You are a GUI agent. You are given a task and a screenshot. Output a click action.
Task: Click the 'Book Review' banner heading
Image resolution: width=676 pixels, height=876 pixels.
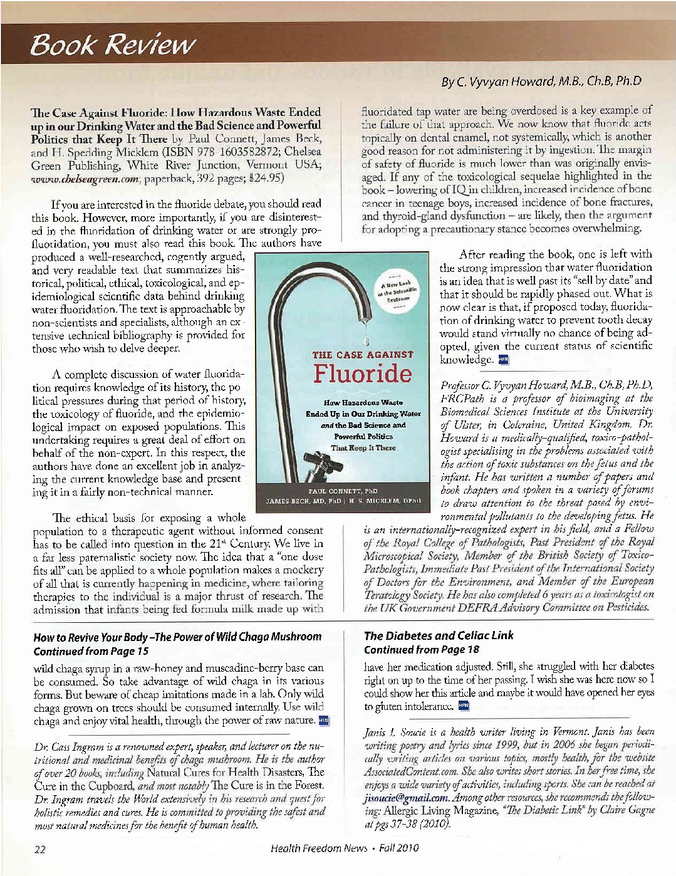coord(113,44)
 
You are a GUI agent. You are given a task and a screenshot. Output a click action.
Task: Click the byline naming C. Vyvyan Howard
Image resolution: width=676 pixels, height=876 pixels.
coord(541,81)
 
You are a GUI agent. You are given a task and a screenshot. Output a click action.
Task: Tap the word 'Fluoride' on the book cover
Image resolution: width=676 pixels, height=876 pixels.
coord(363,374)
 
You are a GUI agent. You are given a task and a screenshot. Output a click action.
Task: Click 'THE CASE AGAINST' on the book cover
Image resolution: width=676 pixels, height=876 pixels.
coord(363,355)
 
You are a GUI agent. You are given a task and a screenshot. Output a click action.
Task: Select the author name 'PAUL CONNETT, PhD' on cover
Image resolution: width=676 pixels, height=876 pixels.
coord(343,491)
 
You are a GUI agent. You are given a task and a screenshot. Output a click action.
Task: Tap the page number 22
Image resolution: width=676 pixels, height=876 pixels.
coord(39,849)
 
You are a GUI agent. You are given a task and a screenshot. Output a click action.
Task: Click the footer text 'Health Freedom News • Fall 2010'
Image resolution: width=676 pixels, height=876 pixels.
coord(345,848)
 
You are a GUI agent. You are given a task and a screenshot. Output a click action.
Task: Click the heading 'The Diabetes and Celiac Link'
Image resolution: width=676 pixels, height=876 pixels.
coord(439,635)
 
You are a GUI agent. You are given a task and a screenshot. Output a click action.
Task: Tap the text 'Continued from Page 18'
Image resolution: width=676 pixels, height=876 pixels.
coord(421,650)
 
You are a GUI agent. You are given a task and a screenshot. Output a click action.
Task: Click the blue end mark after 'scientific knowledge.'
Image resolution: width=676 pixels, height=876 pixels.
coord(502,360)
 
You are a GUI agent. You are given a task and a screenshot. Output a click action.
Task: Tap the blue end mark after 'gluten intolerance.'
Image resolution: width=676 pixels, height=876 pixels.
coord(464,706)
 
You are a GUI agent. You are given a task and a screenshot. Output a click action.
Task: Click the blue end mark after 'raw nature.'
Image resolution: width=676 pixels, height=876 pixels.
coord(324,721)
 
